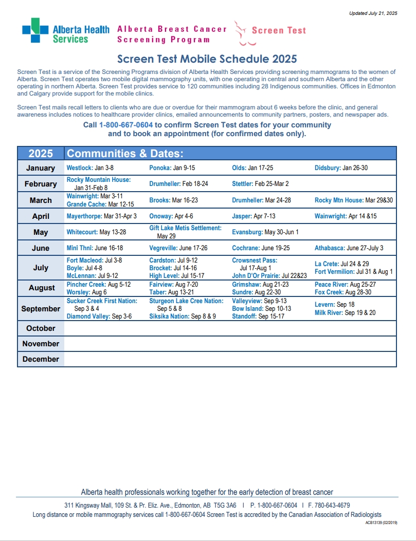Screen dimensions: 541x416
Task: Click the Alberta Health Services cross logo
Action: (x=35, y=30)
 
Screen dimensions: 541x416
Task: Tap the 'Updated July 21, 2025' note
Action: (x=373, y=13)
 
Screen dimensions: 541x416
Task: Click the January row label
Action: (x=41, y=168)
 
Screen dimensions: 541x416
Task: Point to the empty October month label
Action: (x=41, y=328)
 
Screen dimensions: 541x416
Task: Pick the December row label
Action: (x=41, y=359)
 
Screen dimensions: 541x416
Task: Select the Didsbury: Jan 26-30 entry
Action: (x=341, y=168)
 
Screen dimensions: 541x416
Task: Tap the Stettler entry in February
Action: (x=260, y=183)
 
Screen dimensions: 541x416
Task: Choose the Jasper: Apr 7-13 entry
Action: (x=254, y=216)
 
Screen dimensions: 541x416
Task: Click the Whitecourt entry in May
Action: (x=96, y=232)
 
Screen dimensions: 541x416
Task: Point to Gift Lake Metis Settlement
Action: (x=185, y=228)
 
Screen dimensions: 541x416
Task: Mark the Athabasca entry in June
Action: (x=349, y=248)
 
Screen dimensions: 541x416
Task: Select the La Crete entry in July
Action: (x=341, y=264)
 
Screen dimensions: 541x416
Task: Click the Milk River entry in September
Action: (x=345, y=313)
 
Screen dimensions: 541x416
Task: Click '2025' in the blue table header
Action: (x=41, y=154)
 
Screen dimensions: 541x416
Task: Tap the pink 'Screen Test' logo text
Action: (x=279, y=30)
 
